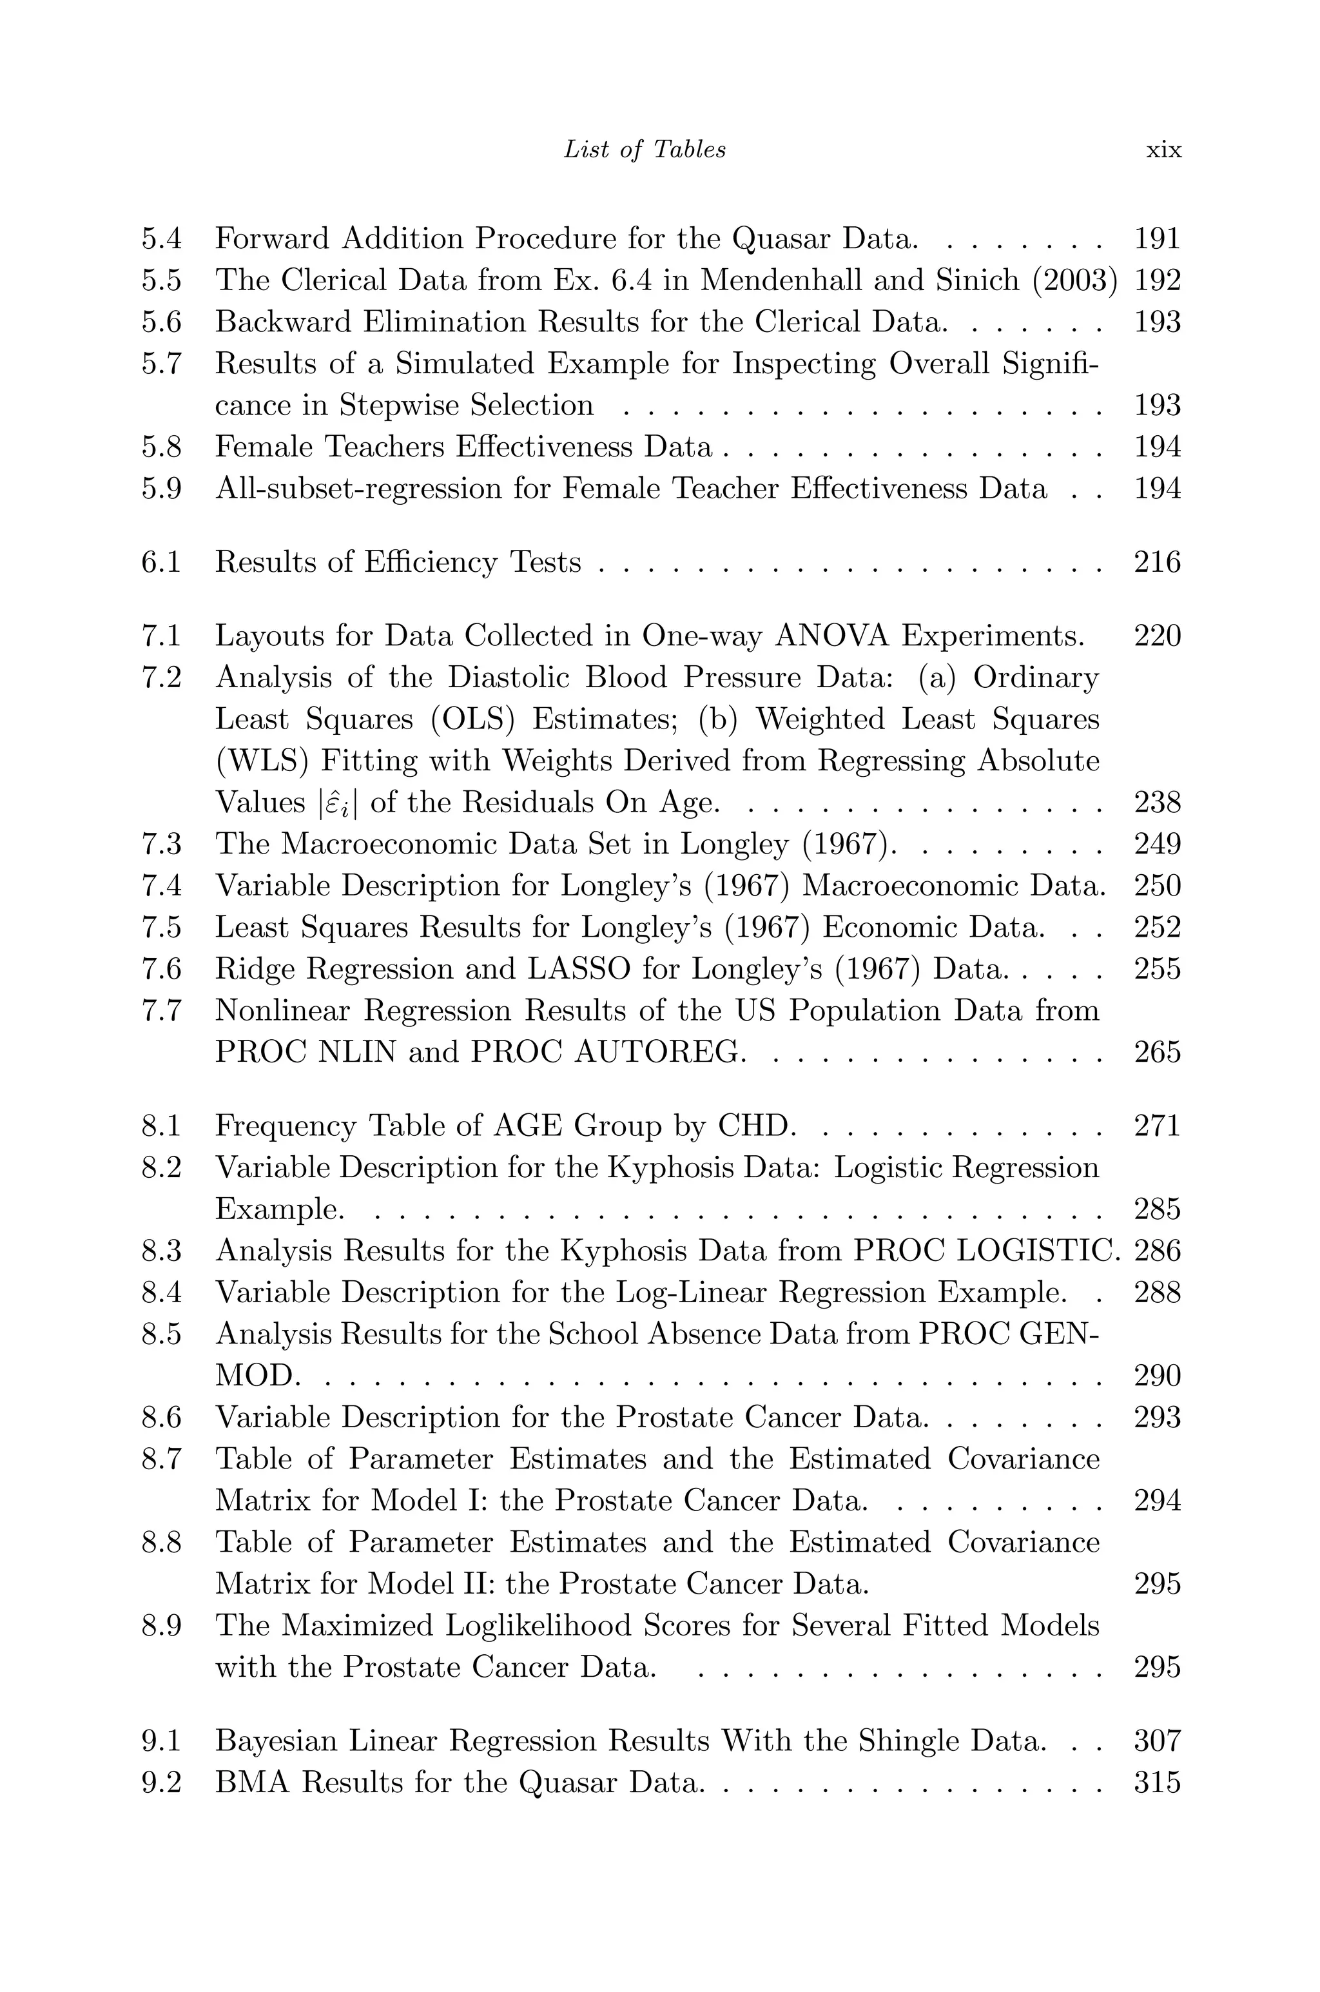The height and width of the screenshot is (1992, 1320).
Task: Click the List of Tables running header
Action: pos(644,150)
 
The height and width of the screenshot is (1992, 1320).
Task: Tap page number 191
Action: pos(1157,239)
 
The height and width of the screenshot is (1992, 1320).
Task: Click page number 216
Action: pos(1157,562)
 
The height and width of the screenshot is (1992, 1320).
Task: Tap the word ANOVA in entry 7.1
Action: pos(831,636)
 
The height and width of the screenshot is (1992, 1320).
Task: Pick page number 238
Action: pos(1157,803)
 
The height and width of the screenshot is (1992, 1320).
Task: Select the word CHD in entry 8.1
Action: pos(755,1126)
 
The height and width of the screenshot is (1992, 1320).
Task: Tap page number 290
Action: pos(1157,1376)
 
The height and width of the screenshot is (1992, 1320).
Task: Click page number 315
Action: pos(1157,1783)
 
